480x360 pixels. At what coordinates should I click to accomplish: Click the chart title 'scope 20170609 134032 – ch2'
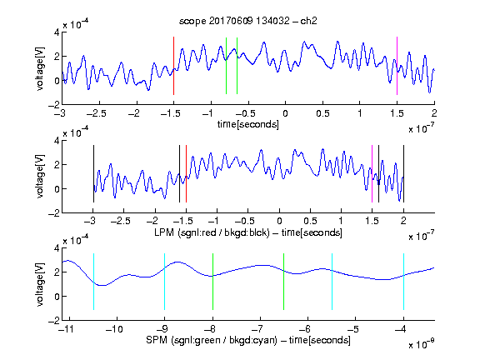[x=247, y=21]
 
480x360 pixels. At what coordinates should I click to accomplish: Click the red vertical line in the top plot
[x=173, y=66]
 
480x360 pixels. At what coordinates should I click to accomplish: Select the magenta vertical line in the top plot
[x=397, y=66]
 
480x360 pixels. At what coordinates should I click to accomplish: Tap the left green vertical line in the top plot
[x=226, y=66]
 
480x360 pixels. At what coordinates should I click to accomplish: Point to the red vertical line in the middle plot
[x=186, y=173]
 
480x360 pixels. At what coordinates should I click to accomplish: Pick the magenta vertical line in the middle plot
[x=372, y=173]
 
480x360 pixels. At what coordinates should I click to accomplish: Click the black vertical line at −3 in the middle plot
[x=93, y=173]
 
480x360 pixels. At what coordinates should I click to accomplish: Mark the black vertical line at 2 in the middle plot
[x=403, y=173]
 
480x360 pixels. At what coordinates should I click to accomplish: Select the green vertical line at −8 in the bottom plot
[x=212, y=282]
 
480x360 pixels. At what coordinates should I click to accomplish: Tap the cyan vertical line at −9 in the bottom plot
[x=164, y=282]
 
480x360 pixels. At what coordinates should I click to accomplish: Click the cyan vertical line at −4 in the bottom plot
[x=403, y=282]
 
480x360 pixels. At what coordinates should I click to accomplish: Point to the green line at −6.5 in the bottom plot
[x=284, y=282]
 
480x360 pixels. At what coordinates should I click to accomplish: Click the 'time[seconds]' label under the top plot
[x=248, y=124]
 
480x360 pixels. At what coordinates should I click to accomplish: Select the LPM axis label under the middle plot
[x=248, y=232]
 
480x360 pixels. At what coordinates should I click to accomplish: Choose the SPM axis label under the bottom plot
[x=248, y=340]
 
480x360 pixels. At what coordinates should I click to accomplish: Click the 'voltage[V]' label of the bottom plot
[x=40, y=284]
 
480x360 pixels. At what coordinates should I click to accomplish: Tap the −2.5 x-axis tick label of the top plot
[x=97, y=113]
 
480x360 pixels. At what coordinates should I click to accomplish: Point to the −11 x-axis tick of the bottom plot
[x=67, y=329]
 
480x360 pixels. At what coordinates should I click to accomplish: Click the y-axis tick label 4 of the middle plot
[x=57, y=141]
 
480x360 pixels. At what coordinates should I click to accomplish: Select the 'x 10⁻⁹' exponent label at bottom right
[x=422, y=344]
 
